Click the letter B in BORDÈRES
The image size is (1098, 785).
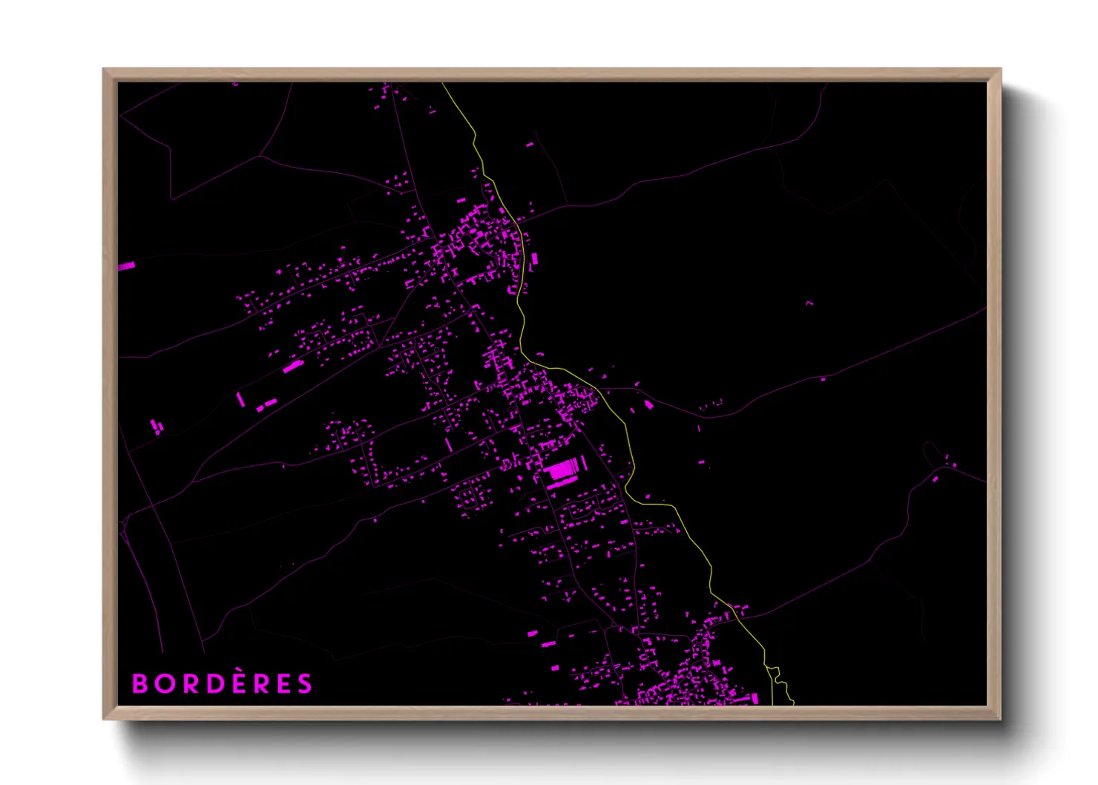click(139, 683)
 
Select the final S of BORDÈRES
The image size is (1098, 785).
click(305, 683)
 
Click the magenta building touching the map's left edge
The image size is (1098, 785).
click(126, 265)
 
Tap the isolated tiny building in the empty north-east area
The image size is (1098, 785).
click(809, 303)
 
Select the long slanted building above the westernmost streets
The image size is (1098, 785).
click(293, 366)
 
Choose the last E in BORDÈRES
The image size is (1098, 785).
click(284, 683)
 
